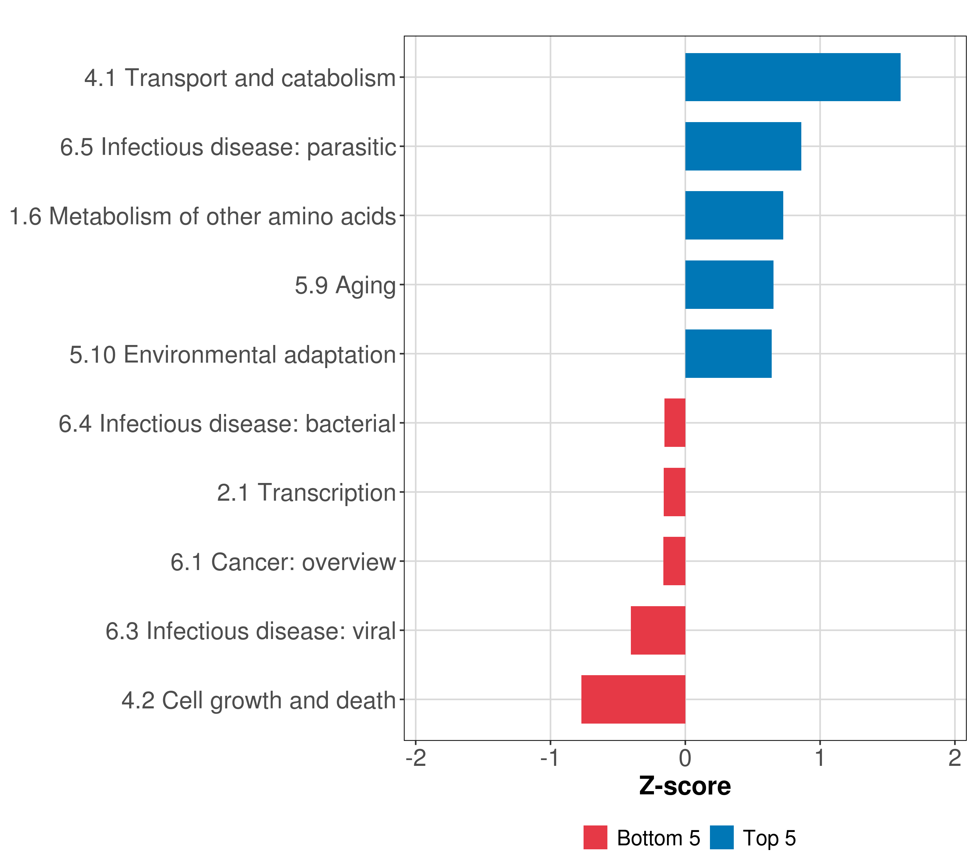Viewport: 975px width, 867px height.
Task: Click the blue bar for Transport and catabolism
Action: [792, 77]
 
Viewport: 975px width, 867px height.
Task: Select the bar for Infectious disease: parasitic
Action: [743, 147]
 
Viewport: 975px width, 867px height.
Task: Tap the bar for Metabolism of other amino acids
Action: [734, 215]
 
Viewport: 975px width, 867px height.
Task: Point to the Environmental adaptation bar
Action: [728, 354]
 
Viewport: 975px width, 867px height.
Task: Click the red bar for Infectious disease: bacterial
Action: [675, 423]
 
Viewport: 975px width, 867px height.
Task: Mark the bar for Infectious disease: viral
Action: [658, 630]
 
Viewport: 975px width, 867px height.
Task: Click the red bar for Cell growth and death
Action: [633, 699]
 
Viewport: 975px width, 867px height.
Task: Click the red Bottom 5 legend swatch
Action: [595, 837]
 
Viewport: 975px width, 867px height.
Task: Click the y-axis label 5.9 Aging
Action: [345, 285]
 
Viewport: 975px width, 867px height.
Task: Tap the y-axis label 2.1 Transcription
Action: [306, 492]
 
